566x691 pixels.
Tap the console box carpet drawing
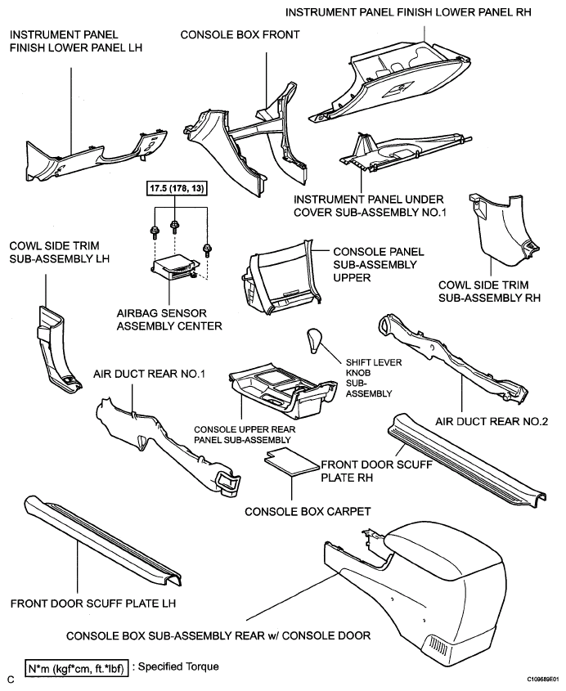tap(291, 462)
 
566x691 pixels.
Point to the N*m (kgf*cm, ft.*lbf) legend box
tap(76, 668)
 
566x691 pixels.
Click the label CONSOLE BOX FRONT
tap(240, 35)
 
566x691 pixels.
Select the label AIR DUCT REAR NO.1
tap(149, 375)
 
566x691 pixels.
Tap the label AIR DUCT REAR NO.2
tap(492, 422)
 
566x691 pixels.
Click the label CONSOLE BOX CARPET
tap(308, 512)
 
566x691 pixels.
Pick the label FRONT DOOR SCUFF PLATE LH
tap(93, 604)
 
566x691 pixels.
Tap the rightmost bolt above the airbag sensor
tap(206, 249)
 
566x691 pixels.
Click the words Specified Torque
tap(178, 666)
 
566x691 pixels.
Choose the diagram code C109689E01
tap(542, 679)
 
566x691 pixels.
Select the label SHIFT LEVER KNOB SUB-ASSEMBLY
tap(373, 378)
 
